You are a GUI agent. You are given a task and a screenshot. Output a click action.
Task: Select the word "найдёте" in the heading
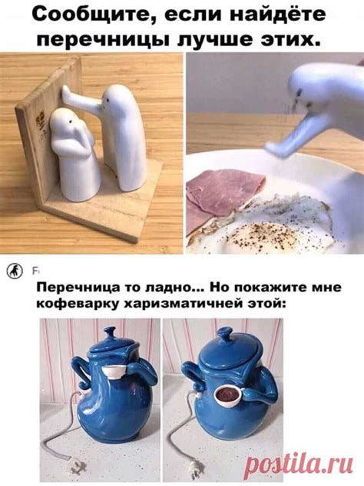275,14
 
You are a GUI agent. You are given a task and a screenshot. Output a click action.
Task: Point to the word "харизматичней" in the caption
183,303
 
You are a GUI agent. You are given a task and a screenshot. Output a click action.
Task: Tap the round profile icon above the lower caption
15,271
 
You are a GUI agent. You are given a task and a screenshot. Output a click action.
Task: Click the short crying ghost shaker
73,154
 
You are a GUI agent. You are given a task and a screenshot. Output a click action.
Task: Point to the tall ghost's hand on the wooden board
67,92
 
